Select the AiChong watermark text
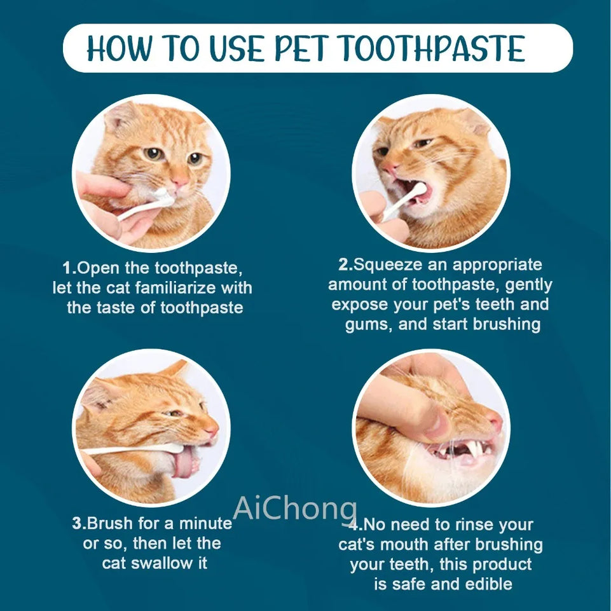(x=296, y=509)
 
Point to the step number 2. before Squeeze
(x=345, y=264)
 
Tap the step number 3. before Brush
(x=78, y=524)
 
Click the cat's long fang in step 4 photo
(x=472, y=450)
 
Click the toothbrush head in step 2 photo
(x=420, y=189)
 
